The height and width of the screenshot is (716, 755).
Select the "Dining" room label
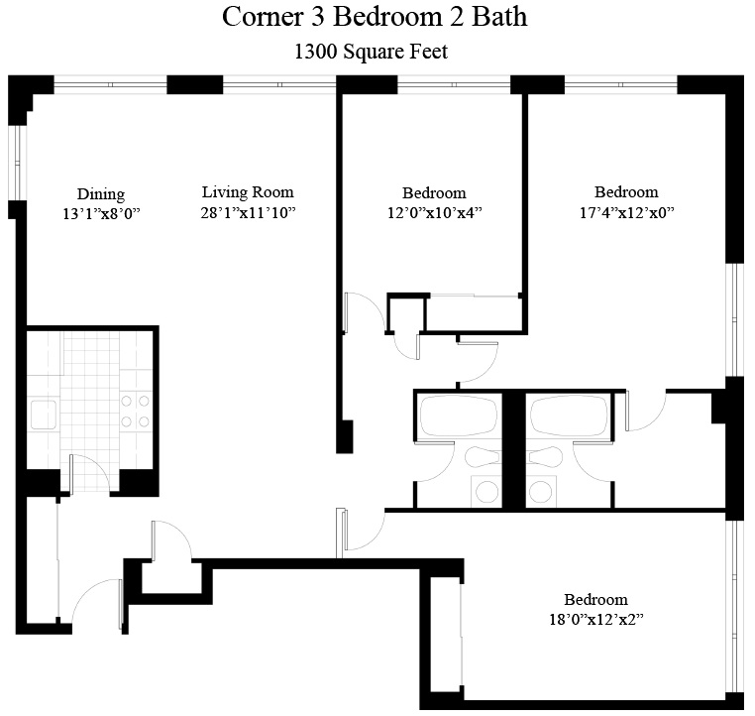101,194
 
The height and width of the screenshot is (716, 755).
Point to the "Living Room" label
248,192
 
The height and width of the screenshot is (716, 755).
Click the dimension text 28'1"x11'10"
248,212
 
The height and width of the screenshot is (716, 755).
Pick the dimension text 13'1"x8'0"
101,213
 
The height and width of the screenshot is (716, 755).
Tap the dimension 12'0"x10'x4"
434,212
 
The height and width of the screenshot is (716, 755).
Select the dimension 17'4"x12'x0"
626,212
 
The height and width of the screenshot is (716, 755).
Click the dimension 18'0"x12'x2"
596,619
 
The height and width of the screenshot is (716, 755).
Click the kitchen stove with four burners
136,411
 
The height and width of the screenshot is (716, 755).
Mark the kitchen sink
42,414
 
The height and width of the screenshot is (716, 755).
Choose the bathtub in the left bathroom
458,415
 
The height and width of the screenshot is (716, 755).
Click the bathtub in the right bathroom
569,415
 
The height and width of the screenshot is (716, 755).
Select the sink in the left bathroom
485,491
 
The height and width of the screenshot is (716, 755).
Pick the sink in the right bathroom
541,491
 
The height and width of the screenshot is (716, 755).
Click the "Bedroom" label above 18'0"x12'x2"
596,600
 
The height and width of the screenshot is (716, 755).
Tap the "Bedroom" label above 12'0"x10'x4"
434,193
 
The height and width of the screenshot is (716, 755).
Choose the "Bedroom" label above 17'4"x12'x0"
626,192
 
